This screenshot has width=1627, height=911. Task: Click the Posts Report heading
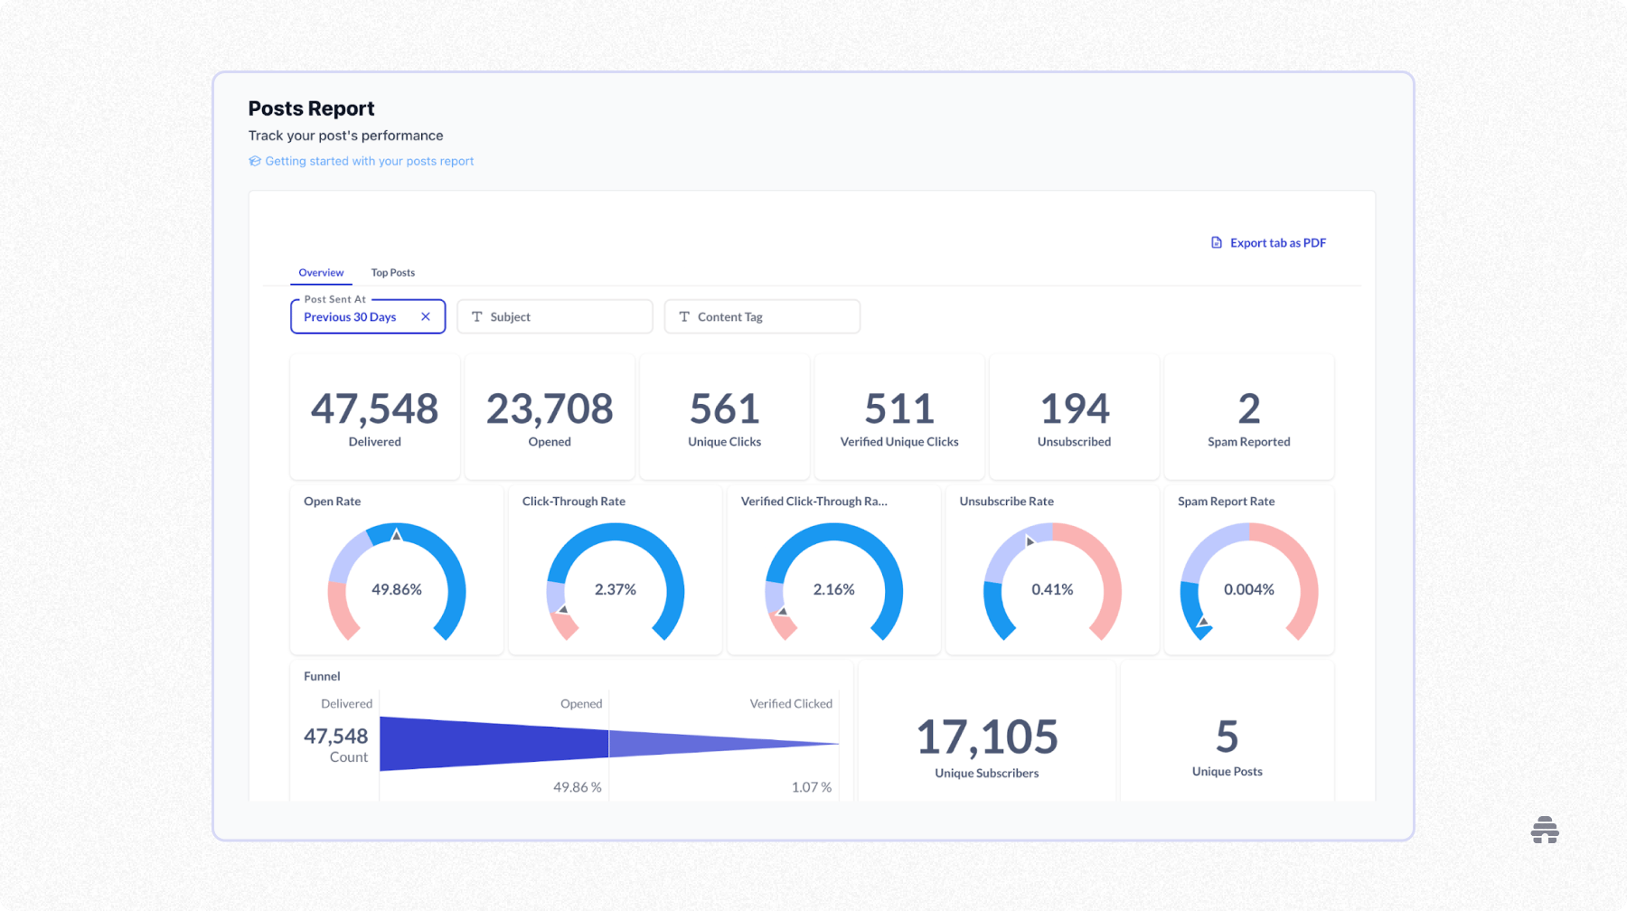click(x=311, y=108)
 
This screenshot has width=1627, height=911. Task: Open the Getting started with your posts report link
click(x=369, y=161)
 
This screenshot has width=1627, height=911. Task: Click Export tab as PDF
click(x=1276, y=242)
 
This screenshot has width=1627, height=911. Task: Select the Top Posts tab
click(x=392, y=272)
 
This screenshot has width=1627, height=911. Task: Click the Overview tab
click(x=321, y=272)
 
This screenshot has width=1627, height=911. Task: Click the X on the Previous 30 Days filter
click(x=426, y=316)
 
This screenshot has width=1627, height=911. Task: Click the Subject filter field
click(x=554, y=316)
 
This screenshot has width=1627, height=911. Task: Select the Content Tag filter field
click(x=761, y=316)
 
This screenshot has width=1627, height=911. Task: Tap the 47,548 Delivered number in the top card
click(x=374, y=409)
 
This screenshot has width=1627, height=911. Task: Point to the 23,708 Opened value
click(x=550, y=409)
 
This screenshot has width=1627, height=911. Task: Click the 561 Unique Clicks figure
click(x=724, y=409)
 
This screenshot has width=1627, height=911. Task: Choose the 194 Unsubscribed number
click(x=1074, y=409)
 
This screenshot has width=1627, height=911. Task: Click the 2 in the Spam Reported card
click(x=1248, y=409)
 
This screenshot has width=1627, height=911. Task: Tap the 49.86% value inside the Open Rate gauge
click(x=397, y=589)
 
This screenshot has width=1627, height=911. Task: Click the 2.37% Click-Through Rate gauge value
click(x=615, y=589)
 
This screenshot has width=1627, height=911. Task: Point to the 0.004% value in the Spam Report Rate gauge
click(x=1248, y=589)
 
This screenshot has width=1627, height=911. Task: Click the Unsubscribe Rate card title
click(x=1006, y=501)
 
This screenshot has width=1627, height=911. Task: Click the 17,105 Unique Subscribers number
click(x=986, y=737)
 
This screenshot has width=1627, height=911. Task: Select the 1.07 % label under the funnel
click(x=811, y=787)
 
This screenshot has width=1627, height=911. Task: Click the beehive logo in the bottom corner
click(x=1545, y=830)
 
